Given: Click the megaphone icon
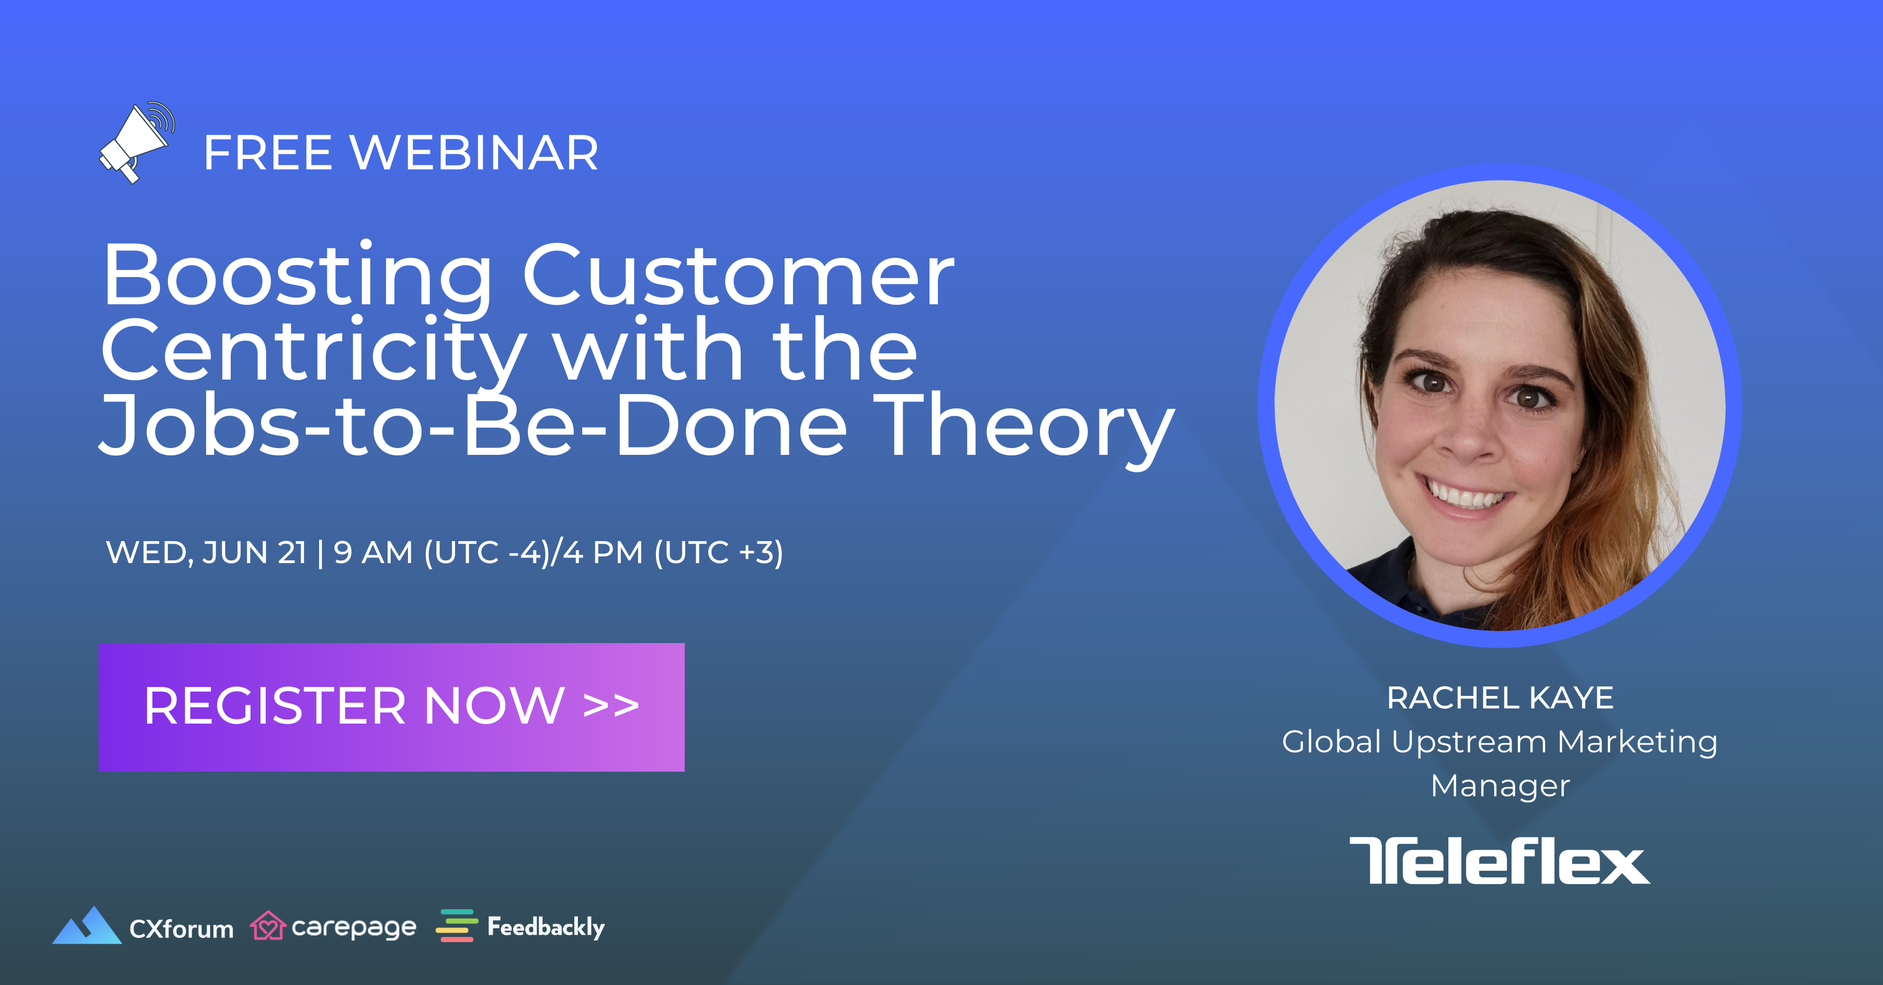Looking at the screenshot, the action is point(137,143).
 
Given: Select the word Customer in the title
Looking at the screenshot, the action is point(738,276).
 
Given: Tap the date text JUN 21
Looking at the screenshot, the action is point(254,553).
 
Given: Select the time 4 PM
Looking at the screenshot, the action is point(603,553).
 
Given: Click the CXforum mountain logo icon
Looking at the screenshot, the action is point(87,926).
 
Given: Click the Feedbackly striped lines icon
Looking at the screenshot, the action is point(457,926).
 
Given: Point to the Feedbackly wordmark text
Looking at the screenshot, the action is point(546,927).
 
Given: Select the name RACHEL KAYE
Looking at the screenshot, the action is point(1500,698).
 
